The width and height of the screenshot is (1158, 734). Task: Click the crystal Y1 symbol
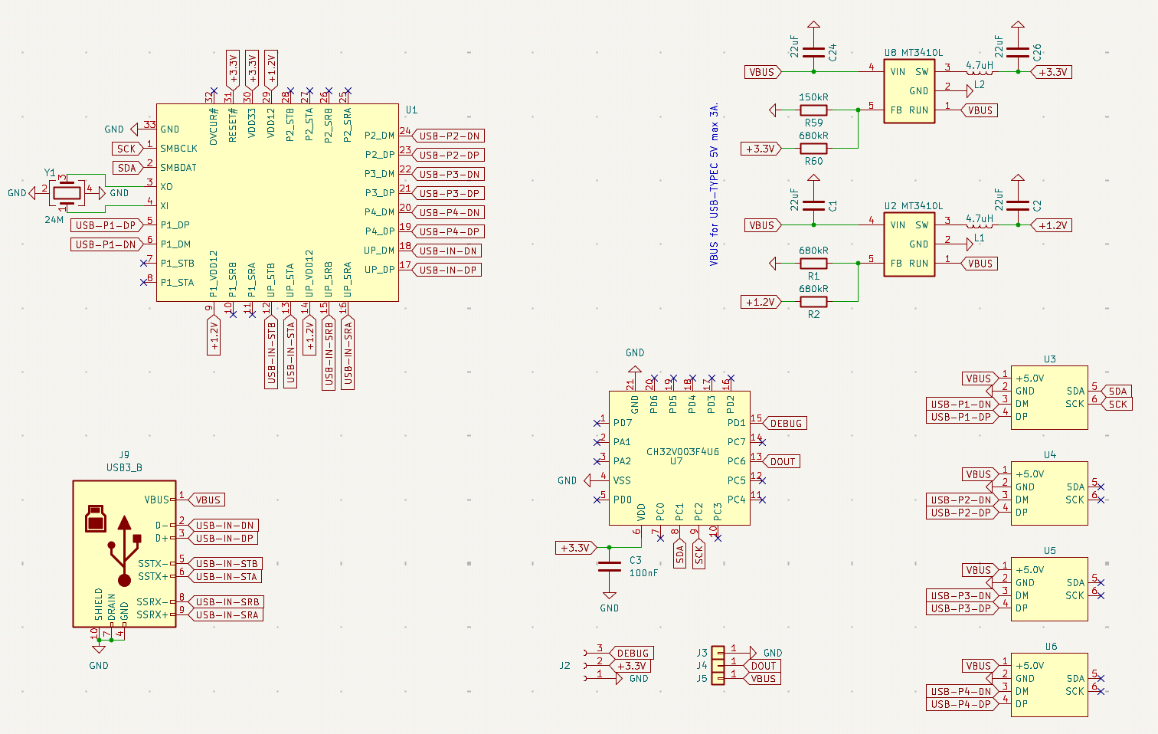pos(67,193)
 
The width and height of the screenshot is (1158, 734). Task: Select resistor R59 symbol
pos(813,110)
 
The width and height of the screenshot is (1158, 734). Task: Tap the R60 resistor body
pos(813,149)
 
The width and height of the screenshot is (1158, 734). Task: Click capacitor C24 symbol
pos(813,52)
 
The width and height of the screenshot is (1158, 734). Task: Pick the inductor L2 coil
pos(979,70)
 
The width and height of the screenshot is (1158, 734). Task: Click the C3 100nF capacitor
pos(610,566)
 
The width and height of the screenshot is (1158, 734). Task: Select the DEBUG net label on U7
pos(785,423)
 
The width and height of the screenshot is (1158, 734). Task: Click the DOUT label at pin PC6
pos(782,461)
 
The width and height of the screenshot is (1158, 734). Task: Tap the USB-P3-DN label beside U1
pos(448,175)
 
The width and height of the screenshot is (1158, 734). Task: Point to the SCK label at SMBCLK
pos(126,149)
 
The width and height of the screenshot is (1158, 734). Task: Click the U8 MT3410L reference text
pos(914,53)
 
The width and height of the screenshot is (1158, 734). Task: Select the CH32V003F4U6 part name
pos(682,451)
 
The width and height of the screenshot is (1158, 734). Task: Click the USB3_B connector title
pos(124,467)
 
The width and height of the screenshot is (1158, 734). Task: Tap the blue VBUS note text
pos(714,185)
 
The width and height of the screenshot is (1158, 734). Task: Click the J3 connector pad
pos(718,653)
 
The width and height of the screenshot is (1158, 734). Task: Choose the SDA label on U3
pos(1117,391)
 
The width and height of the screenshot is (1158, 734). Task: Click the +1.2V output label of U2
pos(1052,225)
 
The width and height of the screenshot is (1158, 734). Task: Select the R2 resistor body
pos(813,302)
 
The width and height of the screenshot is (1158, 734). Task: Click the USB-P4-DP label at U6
pos(962,705)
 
